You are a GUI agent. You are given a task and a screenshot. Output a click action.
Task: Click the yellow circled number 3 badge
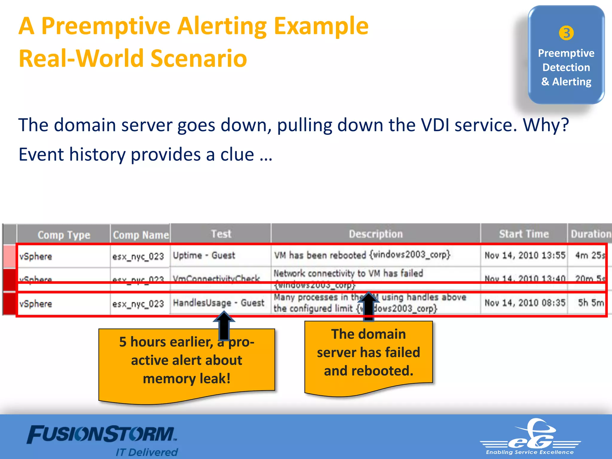(566, 33)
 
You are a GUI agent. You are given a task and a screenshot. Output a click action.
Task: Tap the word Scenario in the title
(199, 59)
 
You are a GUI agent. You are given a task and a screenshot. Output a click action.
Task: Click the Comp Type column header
(64, 235)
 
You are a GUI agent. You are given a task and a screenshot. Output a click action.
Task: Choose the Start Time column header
(524, 234)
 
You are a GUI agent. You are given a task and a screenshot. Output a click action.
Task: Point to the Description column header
(376, 234)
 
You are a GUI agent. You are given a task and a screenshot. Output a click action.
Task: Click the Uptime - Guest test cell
(204, 255)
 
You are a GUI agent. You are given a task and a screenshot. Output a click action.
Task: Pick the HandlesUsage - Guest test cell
(218, 303)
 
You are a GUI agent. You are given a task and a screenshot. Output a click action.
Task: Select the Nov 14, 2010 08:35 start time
(525, 303)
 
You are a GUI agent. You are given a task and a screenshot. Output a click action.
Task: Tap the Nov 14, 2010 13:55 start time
(525, 255)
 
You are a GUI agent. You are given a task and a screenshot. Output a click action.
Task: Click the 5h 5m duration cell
(590, 303)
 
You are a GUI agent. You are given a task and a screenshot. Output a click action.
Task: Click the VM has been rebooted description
(362, 255)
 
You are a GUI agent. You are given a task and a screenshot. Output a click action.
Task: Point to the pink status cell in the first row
(10, 256)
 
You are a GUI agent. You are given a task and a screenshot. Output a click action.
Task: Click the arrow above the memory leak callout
(224, 326)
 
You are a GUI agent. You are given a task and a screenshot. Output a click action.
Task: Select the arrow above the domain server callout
(369, 306)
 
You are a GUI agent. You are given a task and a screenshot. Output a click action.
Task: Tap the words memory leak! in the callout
(187, 379)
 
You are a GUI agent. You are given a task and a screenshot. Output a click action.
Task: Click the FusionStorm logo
(102, 435)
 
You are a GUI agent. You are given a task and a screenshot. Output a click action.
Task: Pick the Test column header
(221, 234)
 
